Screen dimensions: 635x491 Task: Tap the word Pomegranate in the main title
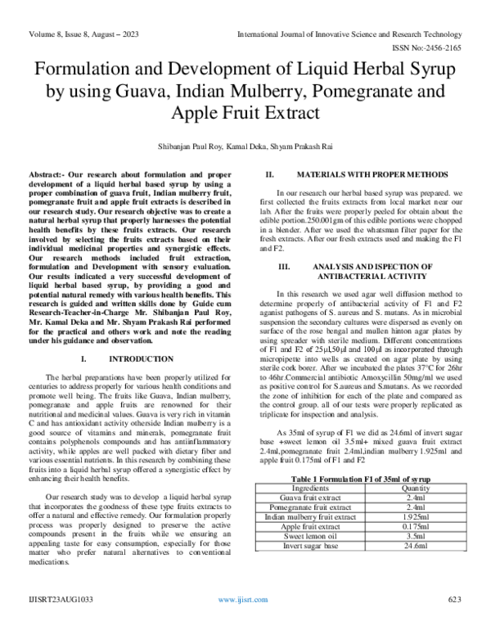point(348,89)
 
